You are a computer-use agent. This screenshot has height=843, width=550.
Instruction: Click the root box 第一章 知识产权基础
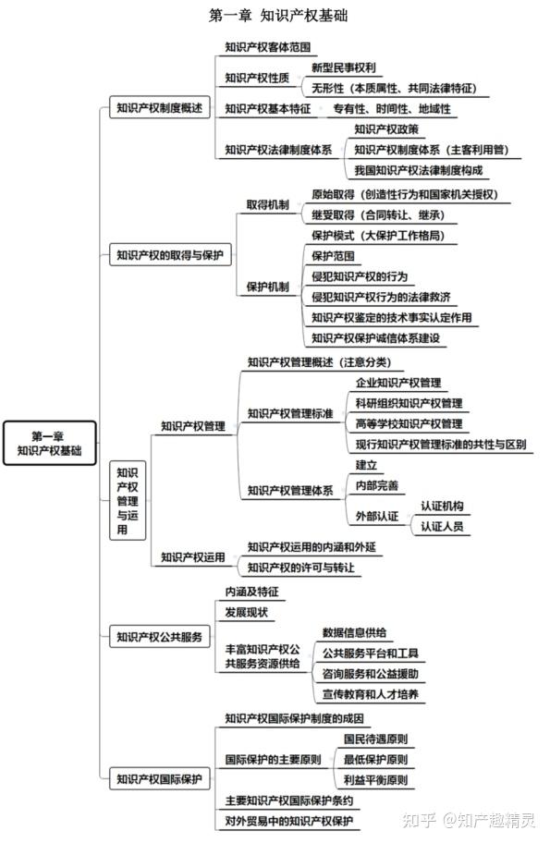[x=50, y=443]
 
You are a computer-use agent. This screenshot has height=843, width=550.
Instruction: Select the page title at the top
[x=278, y=15]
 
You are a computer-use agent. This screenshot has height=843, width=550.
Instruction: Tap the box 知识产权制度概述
[x=159, y=107]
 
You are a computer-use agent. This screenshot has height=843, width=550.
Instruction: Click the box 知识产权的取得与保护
[x=170, y=255]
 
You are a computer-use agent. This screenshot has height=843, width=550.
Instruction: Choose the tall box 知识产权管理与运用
[x=128, y=501]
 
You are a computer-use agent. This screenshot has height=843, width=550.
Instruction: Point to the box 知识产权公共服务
[x=159, y=637]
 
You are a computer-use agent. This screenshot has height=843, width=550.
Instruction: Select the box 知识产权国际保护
[x=159, y=779]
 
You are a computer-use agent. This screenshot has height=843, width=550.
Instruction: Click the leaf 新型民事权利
[x=343, y=67]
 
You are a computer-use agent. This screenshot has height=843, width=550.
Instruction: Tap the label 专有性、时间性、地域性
[x=391, y=109]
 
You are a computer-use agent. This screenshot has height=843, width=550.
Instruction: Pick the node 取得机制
[x=267, y=205]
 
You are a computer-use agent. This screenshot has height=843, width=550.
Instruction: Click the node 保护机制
[x=267, y=287]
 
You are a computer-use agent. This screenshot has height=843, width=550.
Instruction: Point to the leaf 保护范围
[x=333, y=256]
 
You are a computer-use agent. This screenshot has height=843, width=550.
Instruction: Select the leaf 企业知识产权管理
[x=397, y=383]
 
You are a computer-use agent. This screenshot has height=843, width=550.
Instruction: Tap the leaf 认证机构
[x=442, y=506]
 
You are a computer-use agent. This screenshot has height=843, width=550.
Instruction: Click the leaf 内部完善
[x=376, y=485]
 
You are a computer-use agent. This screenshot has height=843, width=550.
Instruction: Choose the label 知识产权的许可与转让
[x=300, y=568]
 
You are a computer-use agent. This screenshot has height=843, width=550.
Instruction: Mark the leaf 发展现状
[x=246, y=612]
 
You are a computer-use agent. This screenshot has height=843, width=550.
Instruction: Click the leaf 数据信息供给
[x=354, y=633]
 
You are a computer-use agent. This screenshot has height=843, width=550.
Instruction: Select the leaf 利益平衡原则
[x=375, y=780]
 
